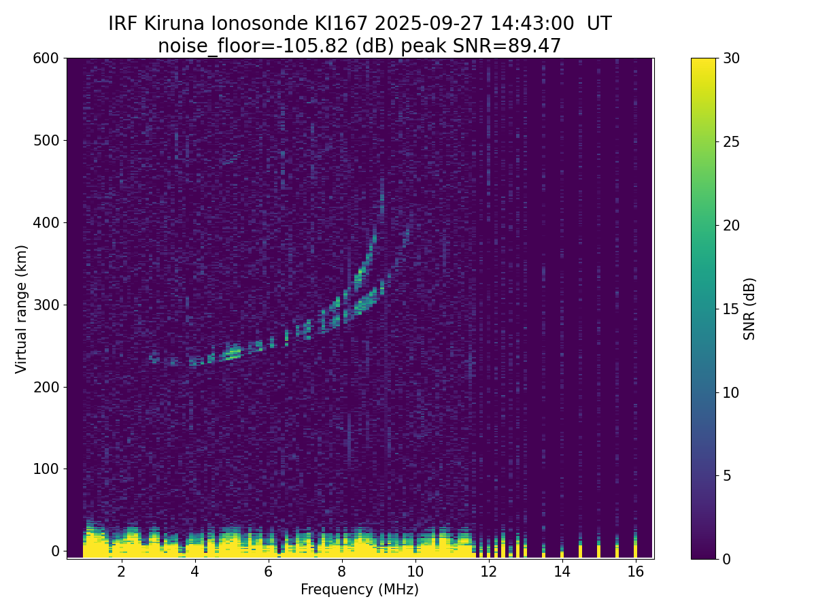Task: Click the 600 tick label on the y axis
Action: (46, 58)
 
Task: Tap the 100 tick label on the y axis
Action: (46, 469)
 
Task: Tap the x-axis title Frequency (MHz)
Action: (360, 590)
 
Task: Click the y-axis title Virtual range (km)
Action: (22, 309)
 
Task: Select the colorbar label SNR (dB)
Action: (749, 309)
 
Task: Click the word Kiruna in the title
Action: (174, 24)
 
